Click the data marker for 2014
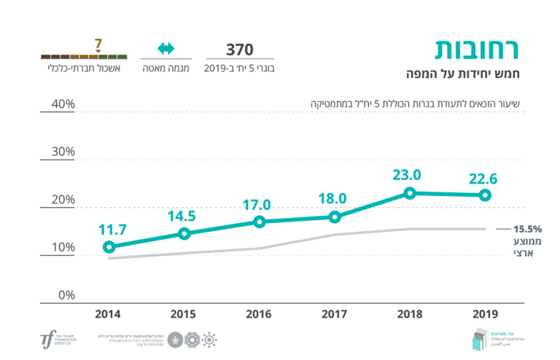pos(109,247)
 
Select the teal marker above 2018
pos(410,193)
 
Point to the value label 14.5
pos(184,216)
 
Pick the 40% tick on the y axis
pos(63,104)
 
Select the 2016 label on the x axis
pos(260,314)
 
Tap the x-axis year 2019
pos(485,314)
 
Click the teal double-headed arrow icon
pos(166,49)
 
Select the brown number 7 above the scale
pos(98,43)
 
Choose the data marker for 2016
pos(260,222)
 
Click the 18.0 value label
pos(335,199)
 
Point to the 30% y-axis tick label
pos(63,152)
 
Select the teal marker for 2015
pos(184,234)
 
